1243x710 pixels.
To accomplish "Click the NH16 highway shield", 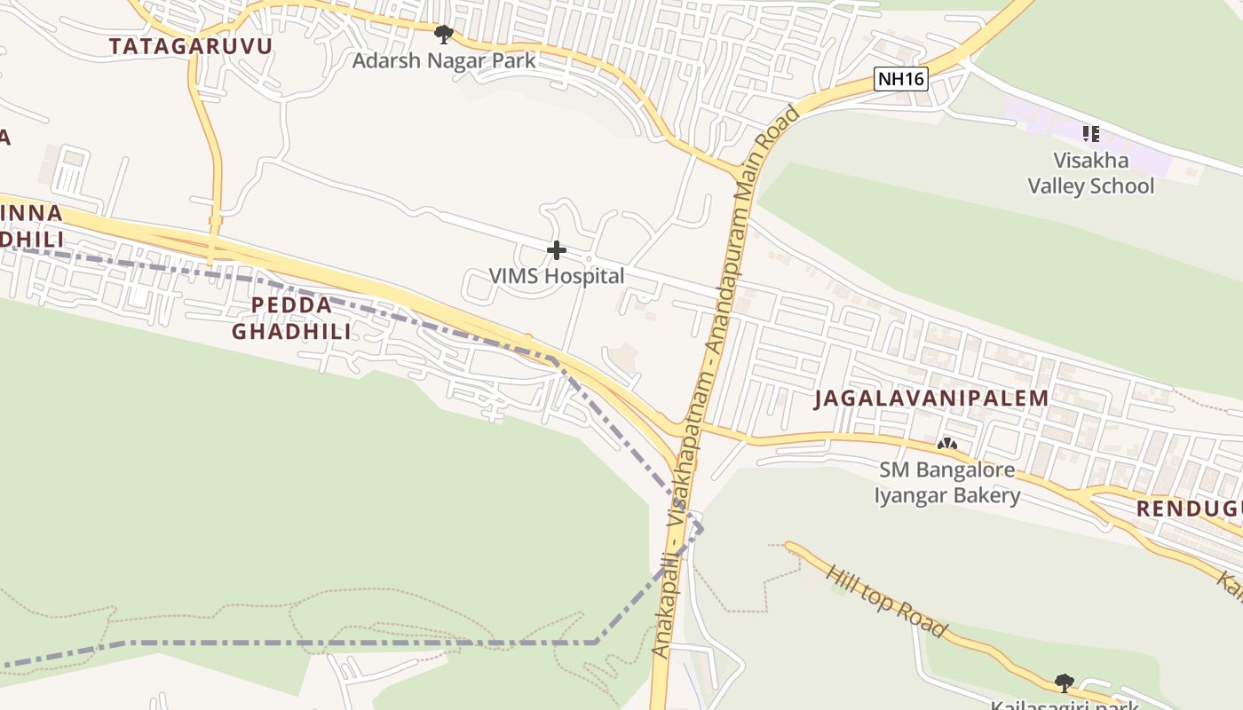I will click(x=901, y=79).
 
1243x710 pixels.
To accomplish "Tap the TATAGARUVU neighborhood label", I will click(x=191, y=46).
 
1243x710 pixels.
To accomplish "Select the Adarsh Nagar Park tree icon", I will click(x=443, y=35).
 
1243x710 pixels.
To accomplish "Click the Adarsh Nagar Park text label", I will click(x=444, y=60).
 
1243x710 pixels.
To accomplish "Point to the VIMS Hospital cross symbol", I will click(x=557, y=250).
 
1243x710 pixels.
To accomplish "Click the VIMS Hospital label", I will click(x=557, y=276).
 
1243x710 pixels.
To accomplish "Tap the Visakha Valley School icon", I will click(x=1090, y=134).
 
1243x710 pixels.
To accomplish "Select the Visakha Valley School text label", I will click(x=1091, y=173).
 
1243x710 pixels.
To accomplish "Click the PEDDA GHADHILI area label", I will click(x=291, y=318).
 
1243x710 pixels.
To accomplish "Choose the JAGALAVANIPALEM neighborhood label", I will click(x=932, y=398).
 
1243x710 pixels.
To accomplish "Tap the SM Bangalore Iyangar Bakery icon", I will click(x=947, y=443).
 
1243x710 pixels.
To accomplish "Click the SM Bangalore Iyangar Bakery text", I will click(x=947, y=482).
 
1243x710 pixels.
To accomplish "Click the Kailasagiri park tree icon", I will click(x=1064, y=682).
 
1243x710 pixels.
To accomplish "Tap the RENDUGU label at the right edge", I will click(x=1190, y=509).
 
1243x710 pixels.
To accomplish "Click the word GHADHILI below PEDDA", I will click(x=291, y=331).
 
